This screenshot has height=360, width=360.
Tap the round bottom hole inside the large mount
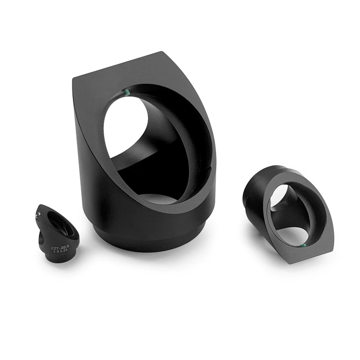[x=157, y=198]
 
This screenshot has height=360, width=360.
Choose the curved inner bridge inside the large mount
[x=135, y=153]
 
